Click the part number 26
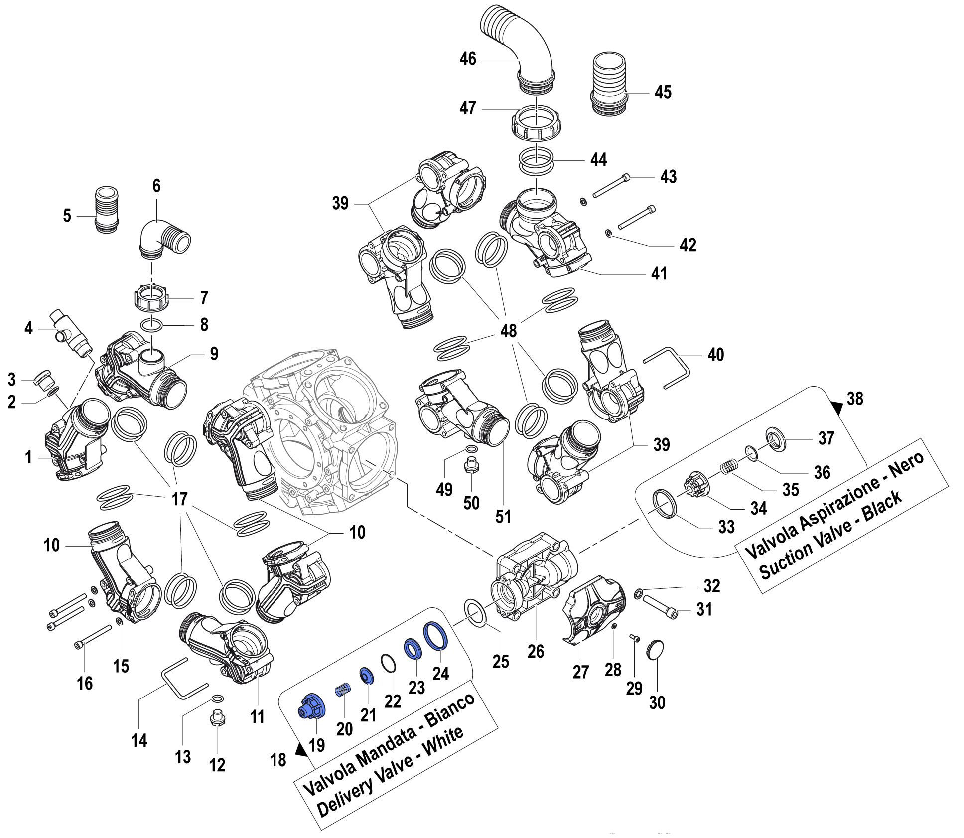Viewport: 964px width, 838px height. [x=536, y=651]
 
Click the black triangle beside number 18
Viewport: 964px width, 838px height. [x=301, y=750]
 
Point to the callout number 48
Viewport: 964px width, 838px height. [x=508, y=330]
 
